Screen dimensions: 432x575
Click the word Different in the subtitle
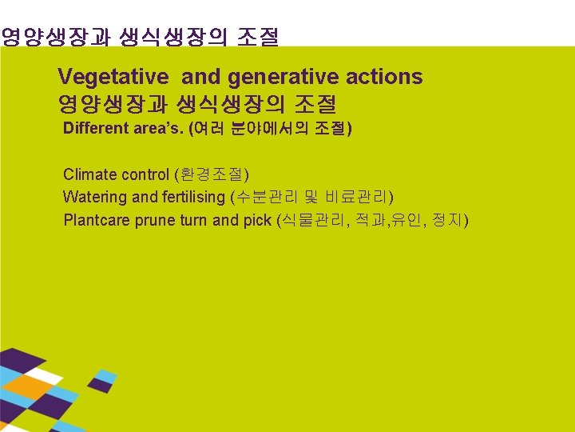coord(95,129)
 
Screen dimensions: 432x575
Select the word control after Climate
coord(146,174)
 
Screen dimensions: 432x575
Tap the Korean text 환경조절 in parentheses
coord(212,174)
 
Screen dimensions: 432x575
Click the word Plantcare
coord(97,220)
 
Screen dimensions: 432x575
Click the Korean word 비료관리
coord(356,197)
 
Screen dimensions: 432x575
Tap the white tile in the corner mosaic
coord(43,375)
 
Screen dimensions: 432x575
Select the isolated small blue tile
coord(106,376)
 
